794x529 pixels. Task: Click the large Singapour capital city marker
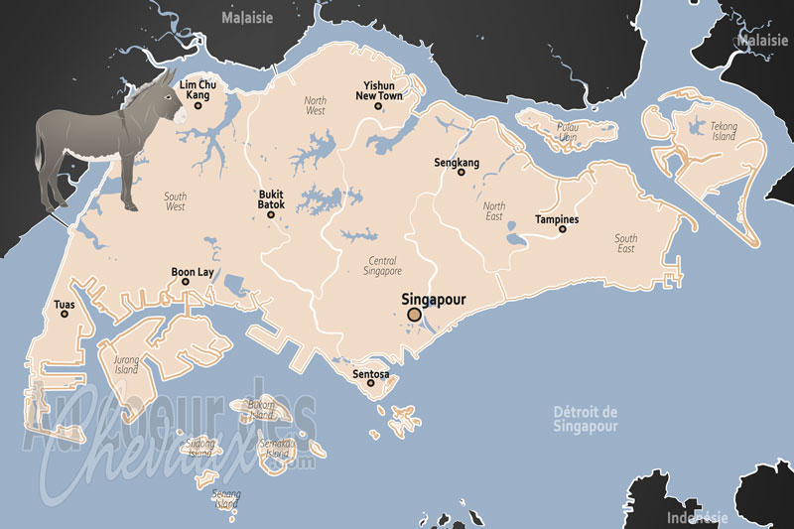click(414, 316)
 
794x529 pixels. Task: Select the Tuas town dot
click(65, 314)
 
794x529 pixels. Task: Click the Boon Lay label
click(192, 270)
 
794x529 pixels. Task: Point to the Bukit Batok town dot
click(271, 214)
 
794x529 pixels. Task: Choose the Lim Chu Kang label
click(198, 90)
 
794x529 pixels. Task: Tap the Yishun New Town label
click(380, 91)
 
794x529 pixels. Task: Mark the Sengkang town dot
click(461, 173)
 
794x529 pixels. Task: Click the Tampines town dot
click(562, 229)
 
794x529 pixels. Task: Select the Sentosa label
click(371, 375)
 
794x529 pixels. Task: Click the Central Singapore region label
click(378, 265)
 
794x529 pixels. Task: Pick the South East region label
click(625, 244)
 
